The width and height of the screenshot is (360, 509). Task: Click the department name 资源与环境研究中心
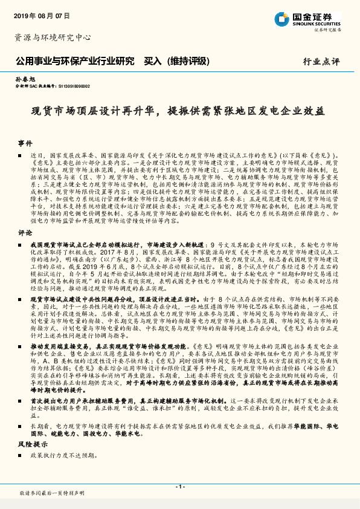pos(52,37)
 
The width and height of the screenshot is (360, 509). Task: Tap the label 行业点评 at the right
pos(322,62)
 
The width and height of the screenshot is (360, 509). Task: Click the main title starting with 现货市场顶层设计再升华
pos(179,112)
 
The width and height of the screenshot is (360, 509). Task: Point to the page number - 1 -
pos(179,486)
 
